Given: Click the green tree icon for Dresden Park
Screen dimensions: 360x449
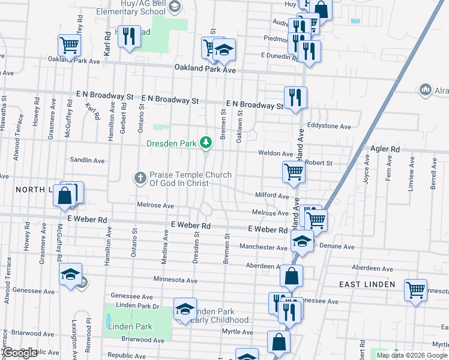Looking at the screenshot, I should [x=206, y=142].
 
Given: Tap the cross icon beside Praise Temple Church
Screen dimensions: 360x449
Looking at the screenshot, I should [x=140, y=177].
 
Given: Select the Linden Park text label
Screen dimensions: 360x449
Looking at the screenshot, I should [x=130, y=326].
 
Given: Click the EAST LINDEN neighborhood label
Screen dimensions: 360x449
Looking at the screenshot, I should [x=367, y=284].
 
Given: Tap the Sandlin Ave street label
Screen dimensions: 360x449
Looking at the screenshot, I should [x=87, y=161].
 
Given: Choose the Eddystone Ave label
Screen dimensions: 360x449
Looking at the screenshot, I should [x=328, y=127].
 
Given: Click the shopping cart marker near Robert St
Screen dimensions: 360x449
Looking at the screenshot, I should [x=294, y=172].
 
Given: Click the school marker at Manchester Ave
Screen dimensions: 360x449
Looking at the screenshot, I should [x=302, y=242].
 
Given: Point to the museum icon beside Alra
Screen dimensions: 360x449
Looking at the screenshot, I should [x=426, y=89].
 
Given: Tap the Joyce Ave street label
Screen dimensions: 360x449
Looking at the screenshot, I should [x=366, y=172].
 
